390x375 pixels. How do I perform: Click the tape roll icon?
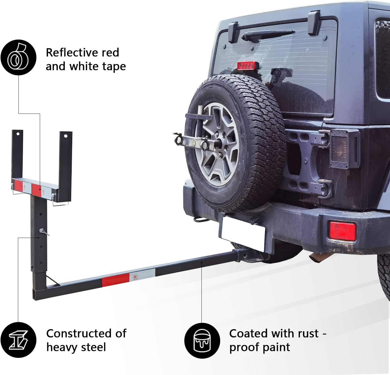click(18, 57)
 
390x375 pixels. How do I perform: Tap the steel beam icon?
click(18, 340)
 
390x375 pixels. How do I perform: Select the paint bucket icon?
click(202, 340)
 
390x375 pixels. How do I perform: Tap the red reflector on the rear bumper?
click(343, 231)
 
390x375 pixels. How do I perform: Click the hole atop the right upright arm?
click(66, 136)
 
